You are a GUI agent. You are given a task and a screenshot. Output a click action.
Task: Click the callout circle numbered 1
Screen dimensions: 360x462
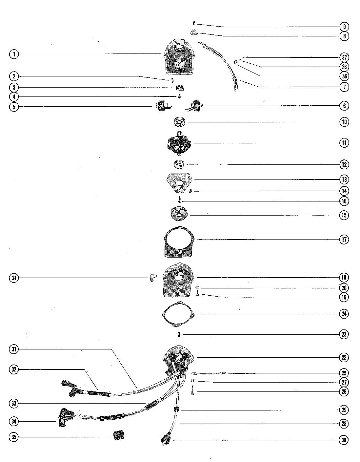click(x=14, y=54)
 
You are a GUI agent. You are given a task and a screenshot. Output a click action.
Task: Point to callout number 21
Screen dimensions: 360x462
click(x=14, y=278)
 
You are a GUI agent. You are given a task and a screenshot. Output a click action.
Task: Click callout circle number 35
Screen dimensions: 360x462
click(x=14, y=437)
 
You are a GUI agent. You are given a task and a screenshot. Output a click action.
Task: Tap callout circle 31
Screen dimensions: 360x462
click(x=14, y=349)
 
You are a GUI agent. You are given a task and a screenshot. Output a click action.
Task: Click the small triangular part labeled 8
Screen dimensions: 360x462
click(x=194, y=32)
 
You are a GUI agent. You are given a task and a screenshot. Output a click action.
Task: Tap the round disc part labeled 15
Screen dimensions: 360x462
click(x=179, y=215)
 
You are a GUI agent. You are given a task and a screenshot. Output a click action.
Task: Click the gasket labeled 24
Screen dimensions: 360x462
click(x=179, y=314)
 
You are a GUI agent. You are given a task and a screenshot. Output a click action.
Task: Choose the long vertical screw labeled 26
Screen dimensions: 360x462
click(x=192, y=390)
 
